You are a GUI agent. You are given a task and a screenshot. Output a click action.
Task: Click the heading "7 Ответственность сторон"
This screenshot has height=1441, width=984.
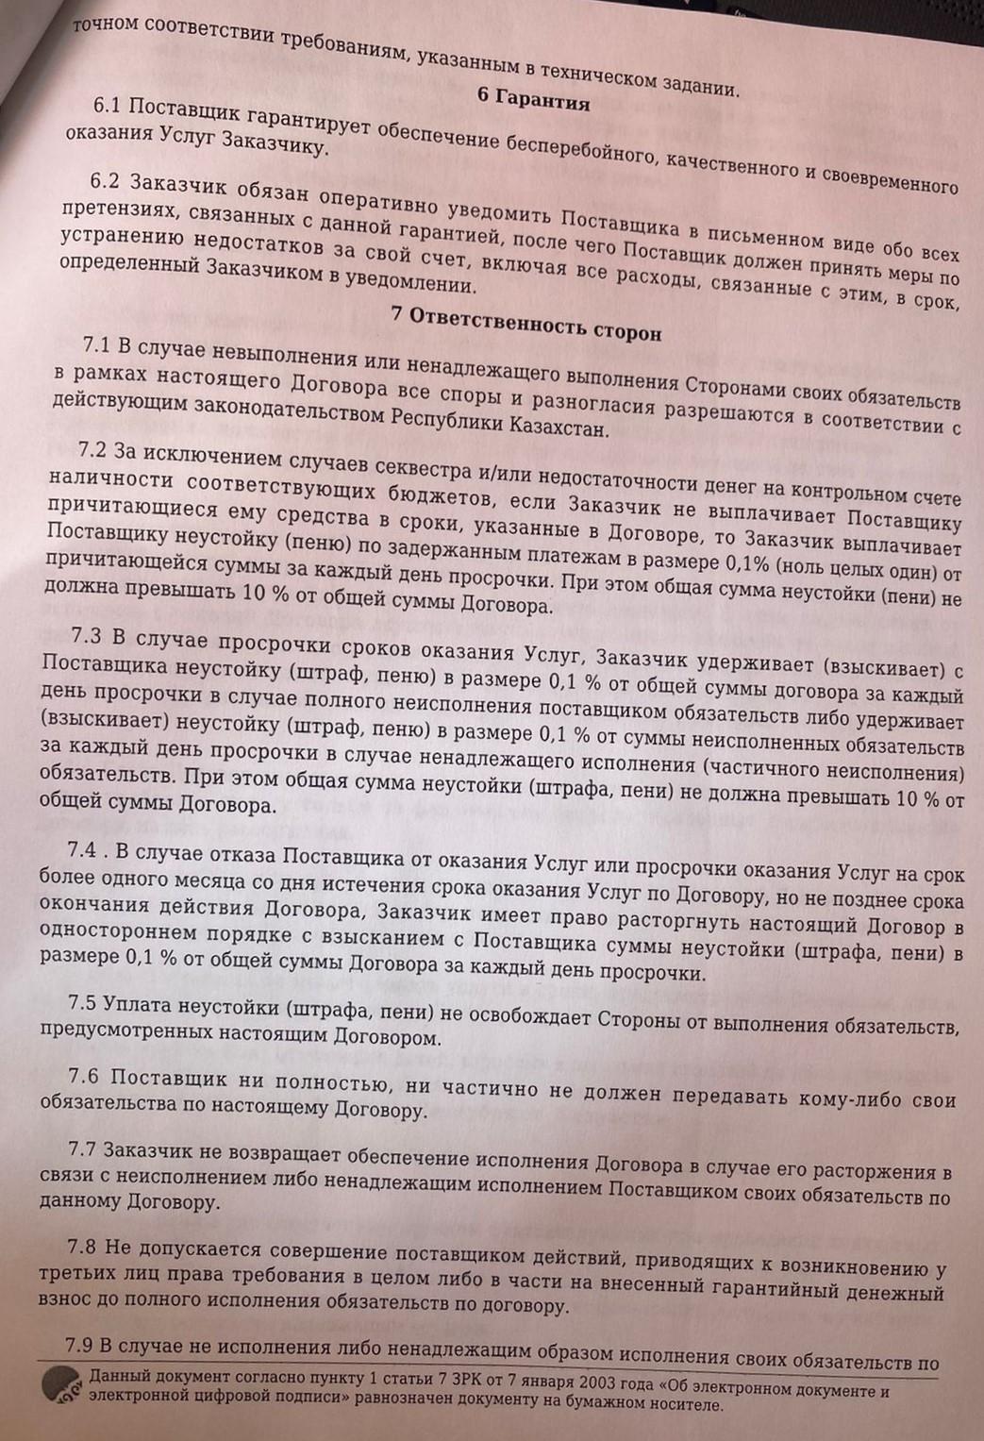pos(526,327)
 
